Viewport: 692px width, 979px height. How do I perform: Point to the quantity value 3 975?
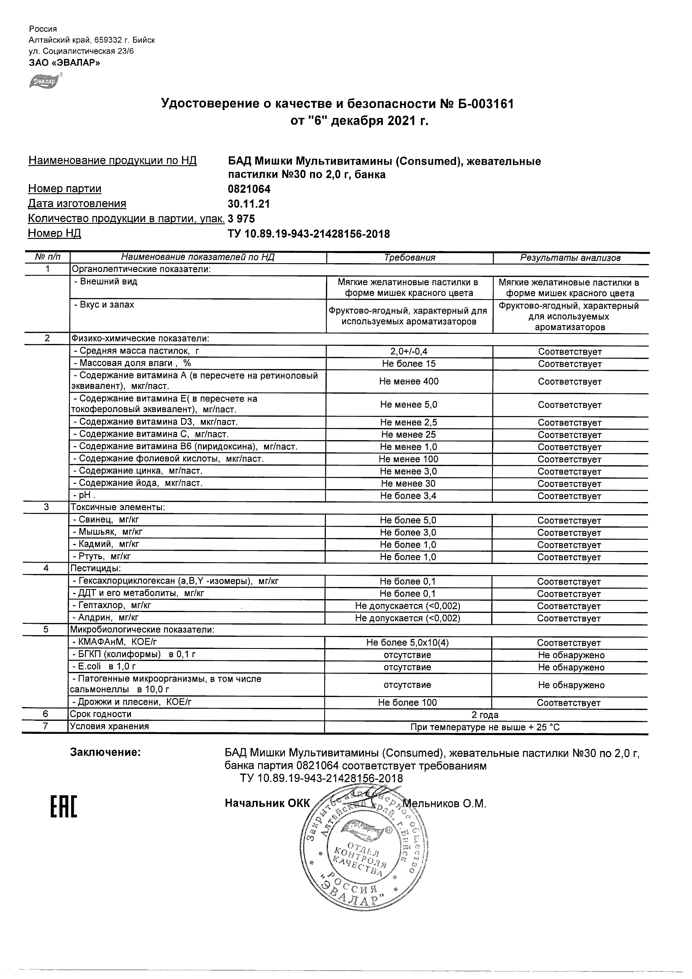pyautogui.click(x=242, y=219)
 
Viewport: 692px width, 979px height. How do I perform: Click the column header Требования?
pyautogui.click(x=409, y=258)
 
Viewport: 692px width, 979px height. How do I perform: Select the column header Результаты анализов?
pyautogui.click(x=570, y=258)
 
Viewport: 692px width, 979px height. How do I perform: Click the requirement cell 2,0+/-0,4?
pyautogui.click(x=409, y=352)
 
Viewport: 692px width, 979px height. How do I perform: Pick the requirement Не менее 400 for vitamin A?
pyautogui.click(x=409, y=382)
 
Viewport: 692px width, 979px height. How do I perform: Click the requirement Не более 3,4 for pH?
pyautogui.click(x=409, y=496)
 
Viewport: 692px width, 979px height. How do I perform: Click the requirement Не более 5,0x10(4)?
pyautogui.click(x=408, y=643)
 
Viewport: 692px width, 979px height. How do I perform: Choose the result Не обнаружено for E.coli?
pyautogui.click(x=571, y=667)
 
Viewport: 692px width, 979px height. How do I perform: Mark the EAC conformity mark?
pyautogui.click(x=64, y=807)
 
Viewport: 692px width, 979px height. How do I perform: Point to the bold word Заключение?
pyautogui.click(x=105, y=753)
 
